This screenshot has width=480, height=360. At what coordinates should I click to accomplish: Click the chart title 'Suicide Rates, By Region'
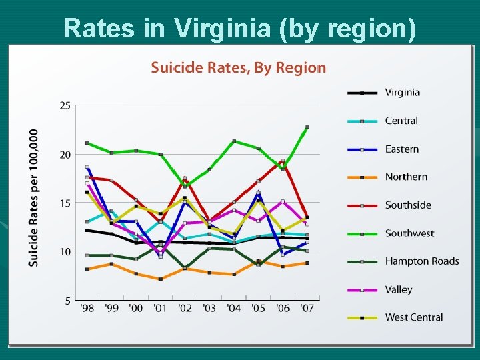(238, 67)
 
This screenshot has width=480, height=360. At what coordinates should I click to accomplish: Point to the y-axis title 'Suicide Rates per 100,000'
(33, 198)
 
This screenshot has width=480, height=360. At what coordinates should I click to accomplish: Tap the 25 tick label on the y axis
(65, 105)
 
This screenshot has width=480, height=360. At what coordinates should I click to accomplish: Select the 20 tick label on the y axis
(65, 155)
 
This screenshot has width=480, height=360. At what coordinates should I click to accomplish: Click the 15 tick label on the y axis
(65, 203)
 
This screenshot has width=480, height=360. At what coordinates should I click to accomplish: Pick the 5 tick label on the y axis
(68, 301)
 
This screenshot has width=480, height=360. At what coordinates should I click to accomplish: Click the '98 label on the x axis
(87, 308)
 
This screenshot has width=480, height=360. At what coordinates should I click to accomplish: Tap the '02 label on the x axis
(185, 308)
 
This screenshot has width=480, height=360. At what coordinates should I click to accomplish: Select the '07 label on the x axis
(307, 308)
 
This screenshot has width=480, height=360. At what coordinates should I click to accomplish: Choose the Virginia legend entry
(402, 93)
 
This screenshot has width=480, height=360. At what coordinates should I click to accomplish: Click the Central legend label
(401, 121)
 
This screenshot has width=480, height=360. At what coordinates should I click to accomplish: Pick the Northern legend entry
(406, 177)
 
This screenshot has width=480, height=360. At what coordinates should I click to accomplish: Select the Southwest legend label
(409, 233)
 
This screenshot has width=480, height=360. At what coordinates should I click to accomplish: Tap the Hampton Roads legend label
(421, 261)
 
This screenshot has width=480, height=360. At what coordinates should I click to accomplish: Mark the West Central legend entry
(413, 317)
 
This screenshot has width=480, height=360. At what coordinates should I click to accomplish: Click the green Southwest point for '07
(307, 127)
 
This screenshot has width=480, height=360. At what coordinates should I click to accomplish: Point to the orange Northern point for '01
(161, 279)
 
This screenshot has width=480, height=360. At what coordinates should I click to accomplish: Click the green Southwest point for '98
(87, 143)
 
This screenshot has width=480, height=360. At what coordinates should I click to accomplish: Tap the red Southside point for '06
(283, 161)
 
